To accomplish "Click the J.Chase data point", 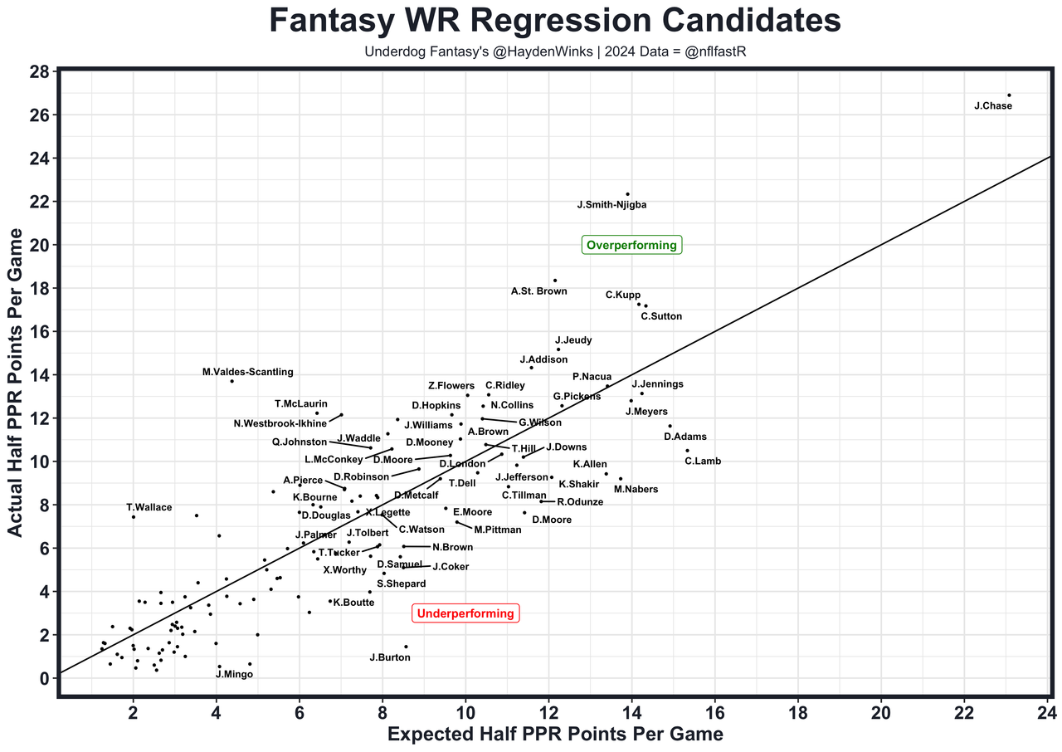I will [x=1009, y=95].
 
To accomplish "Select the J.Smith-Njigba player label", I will [x=611, y=205].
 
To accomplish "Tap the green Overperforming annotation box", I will [x=631, y=245].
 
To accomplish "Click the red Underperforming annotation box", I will [x=465, y=614].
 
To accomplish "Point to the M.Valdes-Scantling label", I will [x=247, y=373].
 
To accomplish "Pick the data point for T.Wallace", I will [x=133, y=517].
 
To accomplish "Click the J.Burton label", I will [x=389, y=657].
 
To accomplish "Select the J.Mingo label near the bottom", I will [x=234, y=674].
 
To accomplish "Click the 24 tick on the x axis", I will [x=1047, y=713].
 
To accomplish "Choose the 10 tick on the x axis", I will [x=465, y=713].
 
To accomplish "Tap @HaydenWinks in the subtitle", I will [x=514, y=52].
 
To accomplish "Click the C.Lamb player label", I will [x=703, y=461].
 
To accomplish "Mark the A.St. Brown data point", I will [x=555, y=281].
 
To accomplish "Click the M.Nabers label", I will [x=636, y=490].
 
